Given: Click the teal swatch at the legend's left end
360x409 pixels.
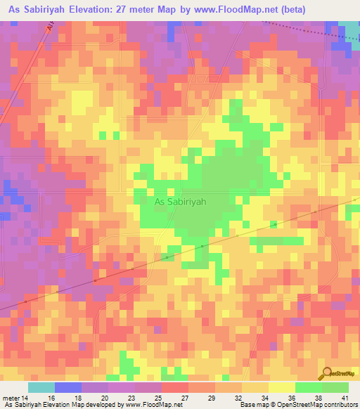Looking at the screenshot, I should pos(41,387).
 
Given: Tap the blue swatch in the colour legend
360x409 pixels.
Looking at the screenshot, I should pos(67,387).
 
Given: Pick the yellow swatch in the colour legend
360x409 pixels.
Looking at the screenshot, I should pos(281,387).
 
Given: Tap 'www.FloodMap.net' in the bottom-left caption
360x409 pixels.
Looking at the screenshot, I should pos(150,405).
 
